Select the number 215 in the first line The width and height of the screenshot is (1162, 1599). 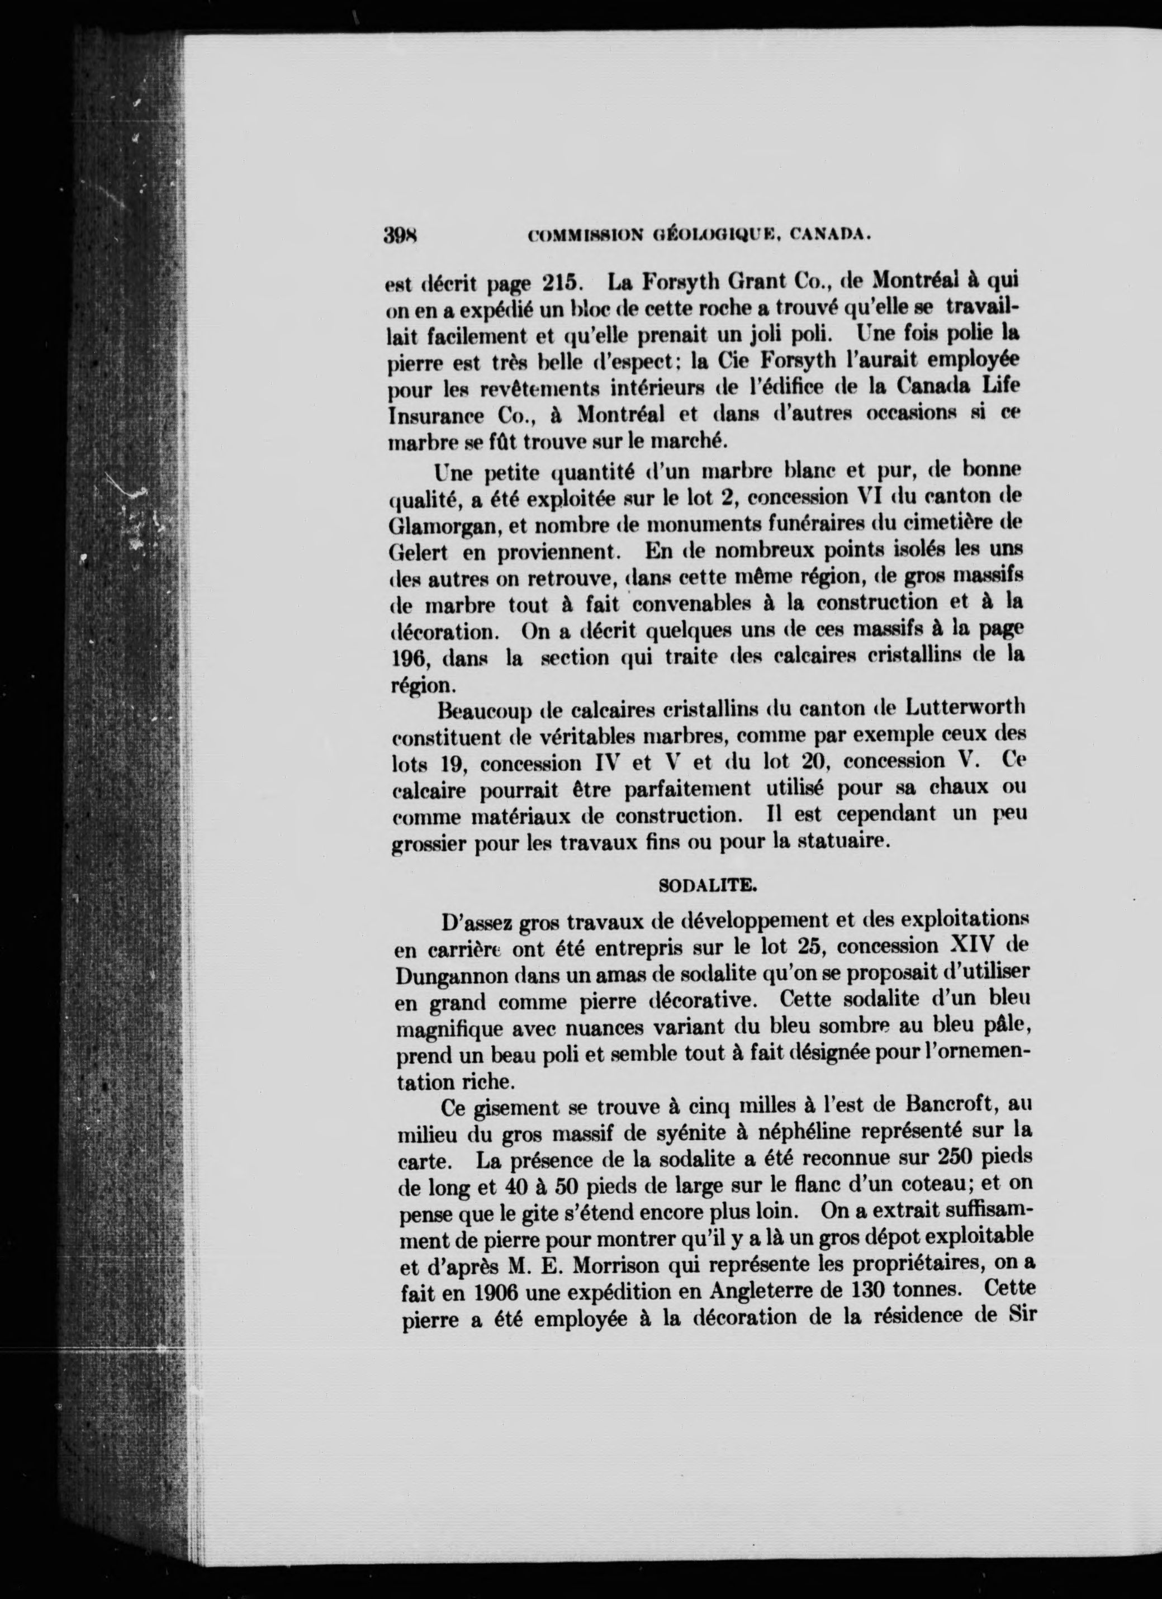(561, 283)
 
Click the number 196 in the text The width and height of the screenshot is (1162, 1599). (410, 657)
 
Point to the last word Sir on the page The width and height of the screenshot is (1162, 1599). (1020, 1316)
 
